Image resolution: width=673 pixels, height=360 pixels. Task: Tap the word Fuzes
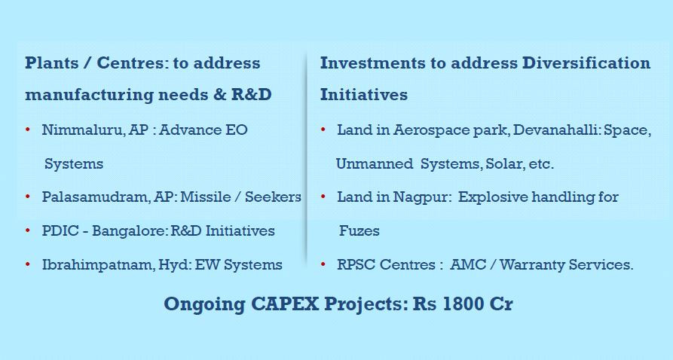pyautogui.click(x=359, y=231)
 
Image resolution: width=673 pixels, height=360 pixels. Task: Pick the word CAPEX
pyautogui.click(x=285, y=304)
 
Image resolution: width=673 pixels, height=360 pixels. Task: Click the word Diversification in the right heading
pyautogui.click(x=586, y=63)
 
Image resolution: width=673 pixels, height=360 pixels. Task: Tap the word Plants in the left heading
pyautogui.click(x=51, y=63)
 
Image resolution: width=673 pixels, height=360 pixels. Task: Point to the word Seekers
pyautogui.click(x=273, y=197)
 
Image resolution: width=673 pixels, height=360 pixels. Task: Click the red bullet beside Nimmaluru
pyautogui.click(x=28, y=130)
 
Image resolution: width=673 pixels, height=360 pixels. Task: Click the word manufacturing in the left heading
pyautogui.click(x=88, y=95)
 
